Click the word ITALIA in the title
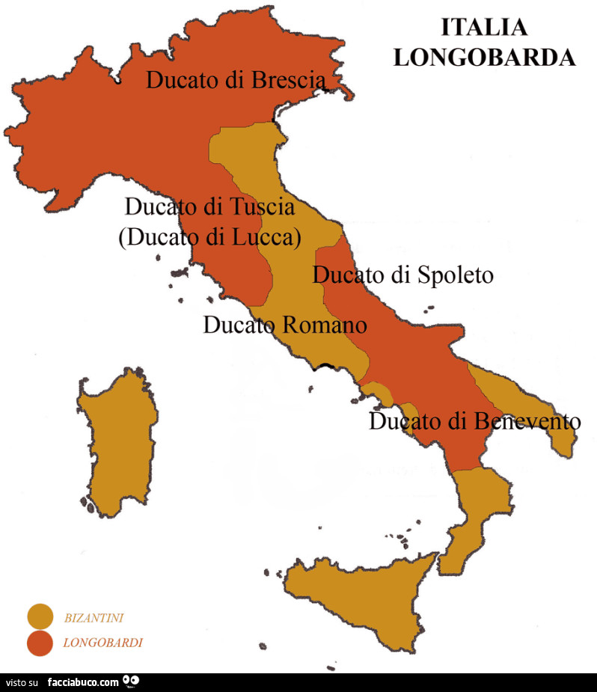(484, 27)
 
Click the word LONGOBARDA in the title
(484, 57)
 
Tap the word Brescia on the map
(289, 79)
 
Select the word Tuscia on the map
(254, 206)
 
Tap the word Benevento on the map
(527, 422)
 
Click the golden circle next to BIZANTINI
(40, 616)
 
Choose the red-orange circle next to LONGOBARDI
(40, 642)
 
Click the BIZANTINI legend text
(94, 618)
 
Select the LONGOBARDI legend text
(102, 642)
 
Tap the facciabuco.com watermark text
(83, 682)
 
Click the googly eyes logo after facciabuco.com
(132, 682)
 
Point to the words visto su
(22, 683)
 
